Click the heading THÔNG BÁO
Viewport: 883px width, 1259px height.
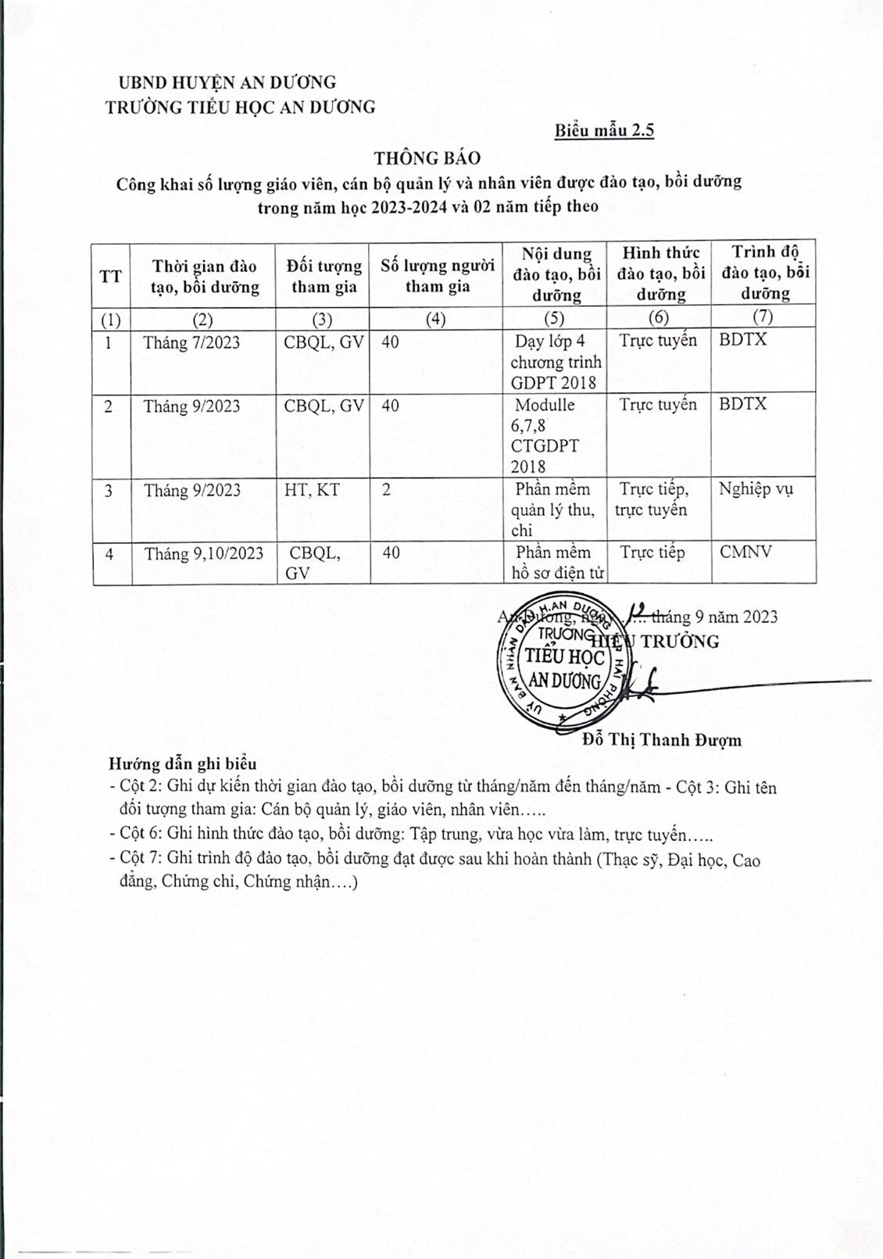tap(427, 158)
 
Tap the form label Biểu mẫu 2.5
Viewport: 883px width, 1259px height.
tap(604, 131)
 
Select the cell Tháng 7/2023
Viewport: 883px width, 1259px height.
tap(191, 342)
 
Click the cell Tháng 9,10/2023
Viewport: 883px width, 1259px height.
tap(204, 553)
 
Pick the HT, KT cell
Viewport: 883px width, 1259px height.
tap(312, 490)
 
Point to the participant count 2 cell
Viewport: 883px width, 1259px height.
tap(387, 490)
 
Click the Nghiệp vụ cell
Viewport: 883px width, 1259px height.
tap(756, 489)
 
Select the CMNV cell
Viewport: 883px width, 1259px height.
tap(745, 552)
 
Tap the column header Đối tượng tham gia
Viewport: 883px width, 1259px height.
tap(324, 276)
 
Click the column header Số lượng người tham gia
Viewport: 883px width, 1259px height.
tap(438, 276)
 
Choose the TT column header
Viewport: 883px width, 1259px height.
tap(111, 276)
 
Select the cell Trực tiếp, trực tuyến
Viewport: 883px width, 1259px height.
tap(654, 499)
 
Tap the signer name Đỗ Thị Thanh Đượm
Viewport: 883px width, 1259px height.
tap(661, 740)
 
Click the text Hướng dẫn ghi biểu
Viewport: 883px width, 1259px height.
tap(183, 764)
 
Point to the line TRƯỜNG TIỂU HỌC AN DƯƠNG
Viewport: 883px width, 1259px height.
tap(241, 107)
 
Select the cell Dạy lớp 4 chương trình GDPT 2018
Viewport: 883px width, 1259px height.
tap(556, 362)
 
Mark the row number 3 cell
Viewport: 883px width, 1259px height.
tap(109, 491)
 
